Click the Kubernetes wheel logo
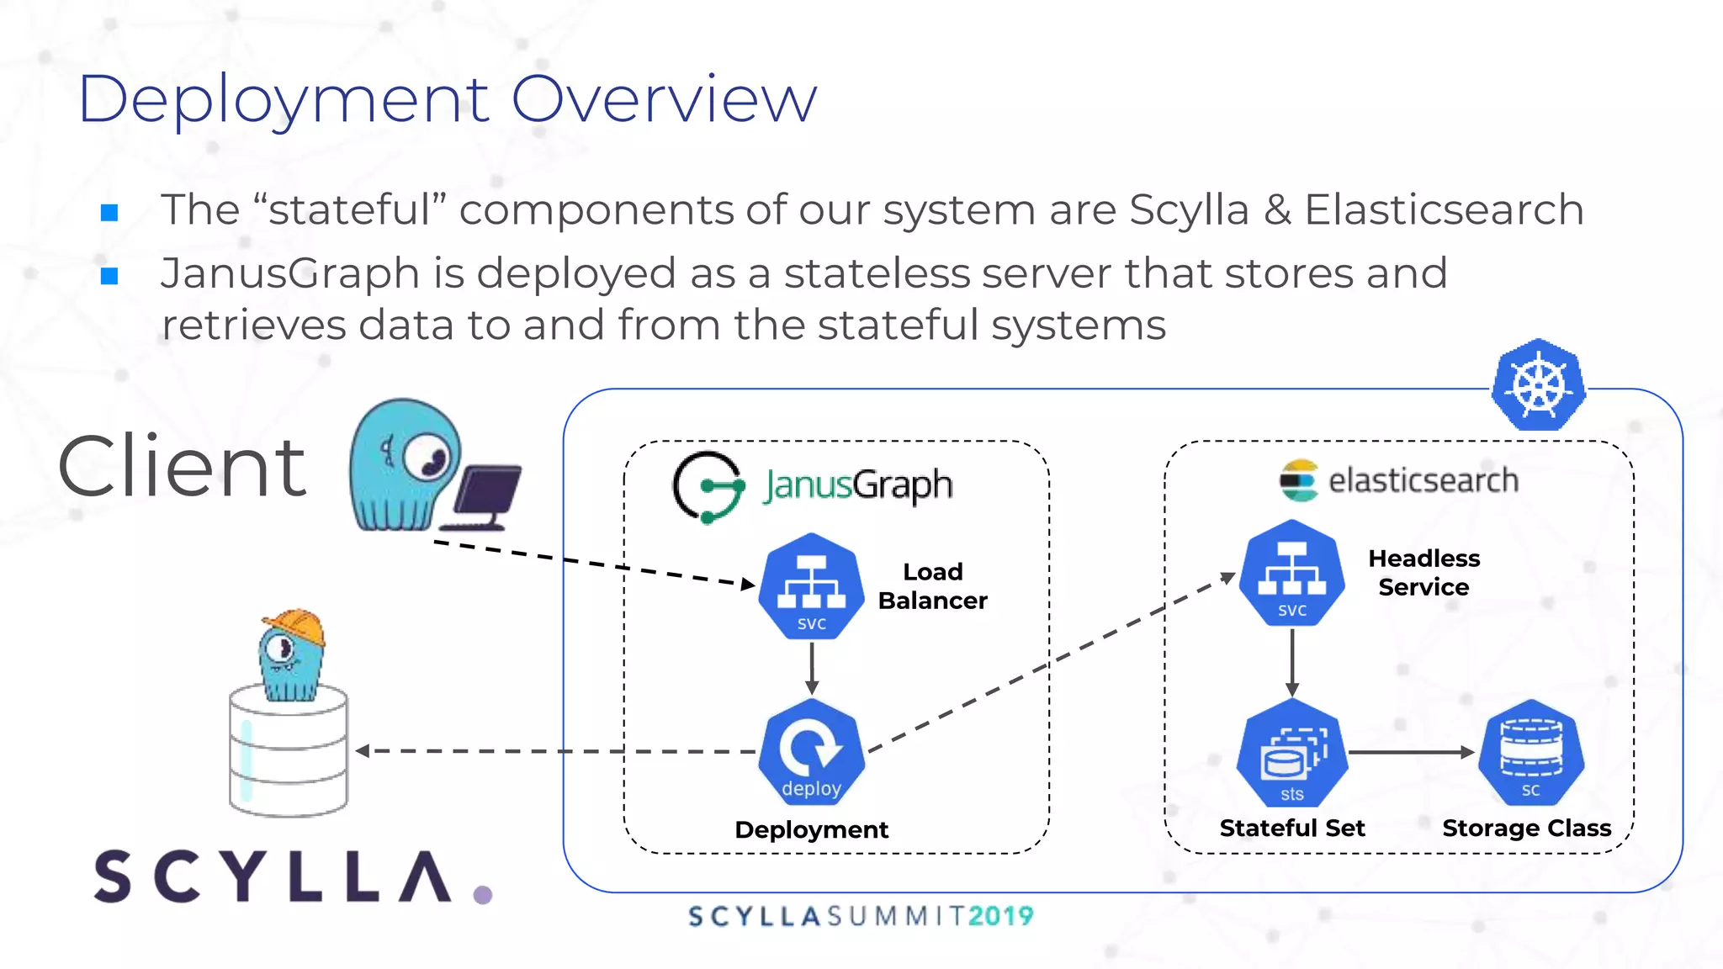pos(1539,385)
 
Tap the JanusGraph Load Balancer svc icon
pos(811,586)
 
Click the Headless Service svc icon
pos(1292,573)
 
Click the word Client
pos(183,467)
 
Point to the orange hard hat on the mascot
pos(294,627)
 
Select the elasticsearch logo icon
pos(1298,480)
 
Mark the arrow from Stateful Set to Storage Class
pos(1412,752)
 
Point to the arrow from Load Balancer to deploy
pos(812,669)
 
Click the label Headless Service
pos(1423,573)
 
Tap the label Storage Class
pos(1526,829)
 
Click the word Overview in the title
pos(664,99)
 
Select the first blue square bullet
pos(109,212)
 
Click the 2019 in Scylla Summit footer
pos(1000,916)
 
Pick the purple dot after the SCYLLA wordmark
pos(483,895)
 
